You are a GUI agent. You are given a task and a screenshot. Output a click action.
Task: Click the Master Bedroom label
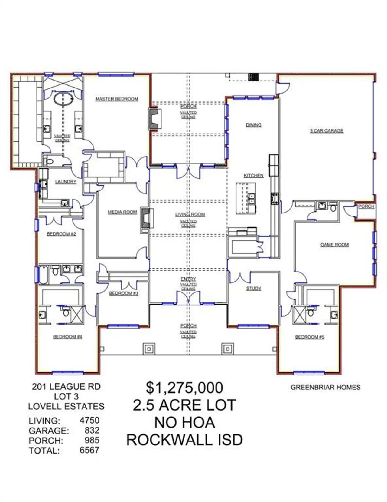pyautogui.click(x=117, y=99)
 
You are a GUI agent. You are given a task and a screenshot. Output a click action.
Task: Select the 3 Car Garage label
pyautogui.click(x=327, y=131)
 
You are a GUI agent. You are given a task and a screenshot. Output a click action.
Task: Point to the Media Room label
pyautogui.click(x=122, y=212)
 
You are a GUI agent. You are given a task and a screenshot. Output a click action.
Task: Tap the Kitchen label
pyautogui.click(x=253, y=176)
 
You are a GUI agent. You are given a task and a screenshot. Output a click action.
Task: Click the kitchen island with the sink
pyautogui.click(x=246, y=198)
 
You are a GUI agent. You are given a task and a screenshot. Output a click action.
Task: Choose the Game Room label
pyautogui.click(x=334, y=245)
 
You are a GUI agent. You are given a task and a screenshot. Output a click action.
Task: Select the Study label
pyautogui.click(x=253, y=289)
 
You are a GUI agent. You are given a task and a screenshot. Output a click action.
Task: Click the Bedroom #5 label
pyautogui.click(x=310, y=337)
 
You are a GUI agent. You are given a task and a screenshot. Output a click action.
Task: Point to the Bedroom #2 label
pyautogui.click(x=61, y=234)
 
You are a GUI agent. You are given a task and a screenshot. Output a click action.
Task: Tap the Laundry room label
pyautogui.click(x=66, y=182)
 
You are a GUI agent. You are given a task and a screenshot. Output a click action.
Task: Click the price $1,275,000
pyautogui.click(x=184, y=388)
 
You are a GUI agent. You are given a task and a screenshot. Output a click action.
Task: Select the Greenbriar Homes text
pyautogui.click(x=325, y=387)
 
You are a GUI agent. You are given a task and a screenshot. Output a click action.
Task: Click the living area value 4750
pyautogui.click(x=89, y=420)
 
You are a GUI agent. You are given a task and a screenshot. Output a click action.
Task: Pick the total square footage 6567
pyautogui.click(x=89, y=450)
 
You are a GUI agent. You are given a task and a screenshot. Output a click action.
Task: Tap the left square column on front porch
pyautogui.click(x=149, y=349)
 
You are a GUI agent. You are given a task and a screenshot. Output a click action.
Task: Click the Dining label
pyautogui.click(x=253, y=125)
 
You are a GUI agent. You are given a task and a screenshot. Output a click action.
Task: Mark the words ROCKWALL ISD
pyautogui.click(x=184, y=440)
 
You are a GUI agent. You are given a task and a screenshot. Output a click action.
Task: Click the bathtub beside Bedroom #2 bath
pyautogui.click(x=43, y=275)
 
